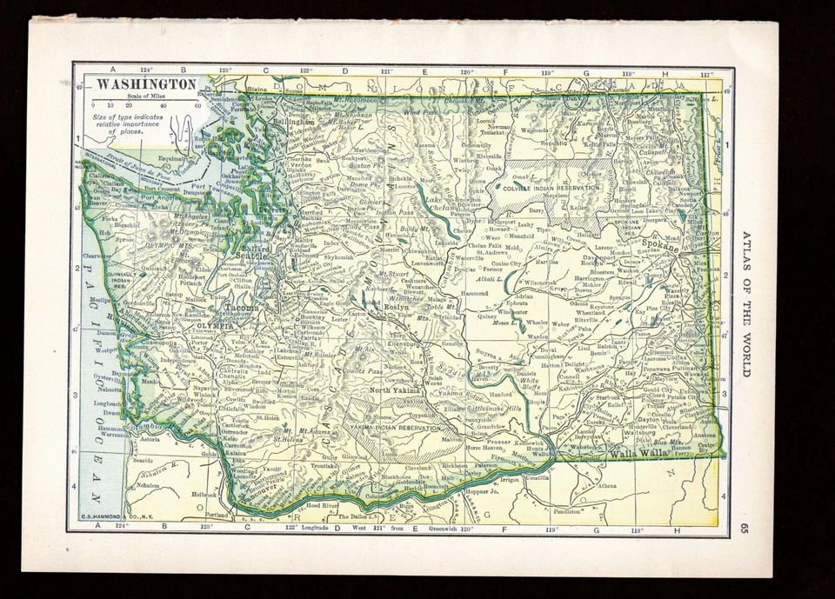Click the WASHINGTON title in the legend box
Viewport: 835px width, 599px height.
click(x=145, y=84)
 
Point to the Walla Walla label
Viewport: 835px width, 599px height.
click(x=638, y=454)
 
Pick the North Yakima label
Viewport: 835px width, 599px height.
click(x=396, y=390)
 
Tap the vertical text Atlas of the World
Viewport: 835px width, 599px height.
click(x=745, y=304)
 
